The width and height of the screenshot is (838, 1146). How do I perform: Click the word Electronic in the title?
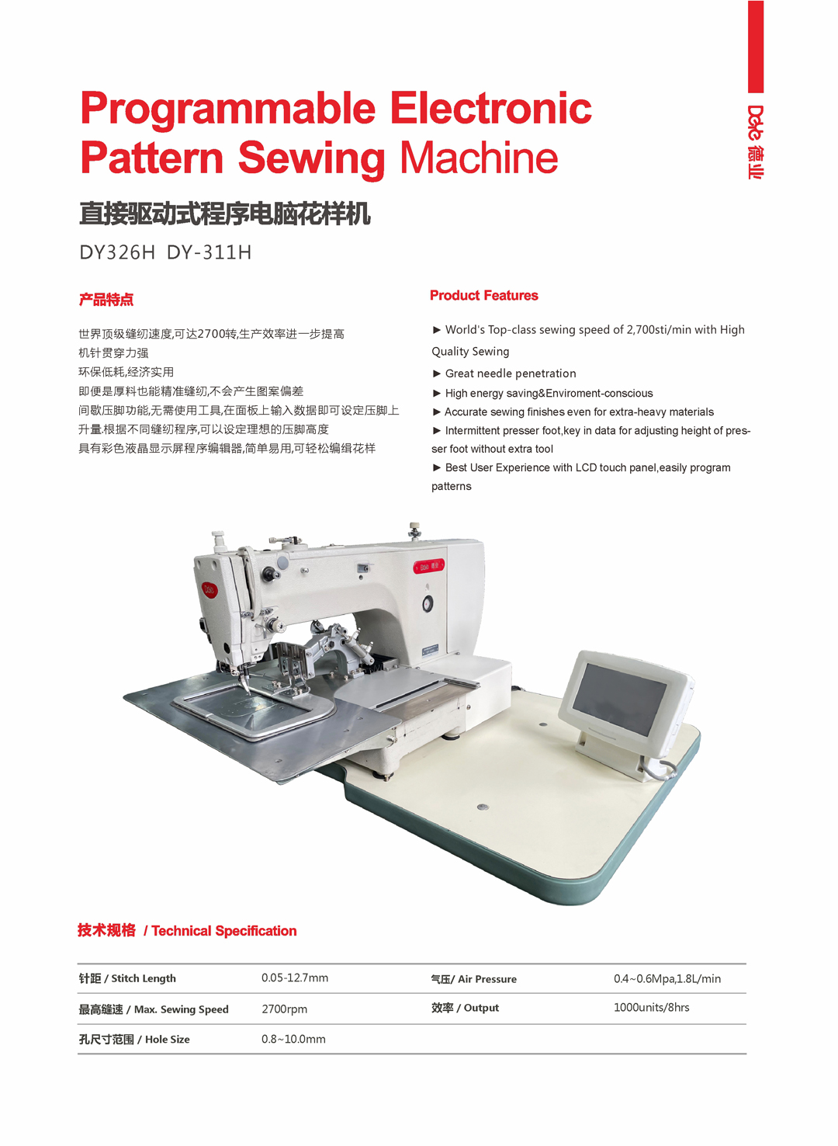click(x=490, y=108)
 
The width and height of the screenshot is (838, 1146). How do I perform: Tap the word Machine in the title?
click(x=479, y=158)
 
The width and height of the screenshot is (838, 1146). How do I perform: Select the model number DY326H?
click(x=117, y=252)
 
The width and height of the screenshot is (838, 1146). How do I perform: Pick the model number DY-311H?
click(x=209, y=252)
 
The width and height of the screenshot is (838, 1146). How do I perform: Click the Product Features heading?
click(x=483, y=296)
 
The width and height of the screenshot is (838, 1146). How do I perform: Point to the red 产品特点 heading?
click(x=106, y=300)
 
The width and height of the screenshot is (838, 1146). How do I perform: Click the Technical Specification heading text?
click(x=223, y=931)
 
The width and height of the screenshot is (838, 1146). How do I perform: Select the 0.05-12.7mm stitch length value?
click(x=294, y=978)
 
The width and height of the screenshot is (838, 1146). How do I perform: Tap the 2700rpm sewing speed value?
click(x=284, y=1009)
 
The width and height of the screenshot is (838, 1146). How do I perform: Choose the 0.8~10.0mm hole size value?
click(x=293, y=1040)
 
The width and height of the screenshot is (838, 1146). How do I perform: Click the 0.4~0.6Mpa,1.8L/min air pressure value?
click(x=667, y=979)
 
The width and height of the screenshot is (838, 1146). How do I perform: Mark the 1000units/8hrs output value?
click(x=651, y=1008)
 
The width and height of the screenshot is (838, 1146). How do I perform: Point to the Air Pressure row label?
click(x=473, y=979)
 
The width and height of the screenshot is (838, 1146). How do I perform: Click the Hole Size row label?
click(x=133, y=1040)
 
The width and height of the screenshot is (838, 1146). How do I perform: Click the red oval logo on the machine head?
click(x=209, y=590)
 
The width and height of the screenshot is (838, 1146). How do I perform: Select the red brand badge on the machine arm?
click(x=429, y=566)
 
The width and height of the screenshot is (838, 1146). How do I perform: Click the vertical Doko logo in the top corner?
click(x=756, y=141)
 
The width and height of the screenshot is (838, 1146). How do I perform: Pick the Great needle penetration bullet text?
click(x=510, y=373)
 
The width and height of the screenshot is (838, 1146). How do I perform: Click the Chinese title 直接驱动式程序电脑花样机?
click(x=225, y=214)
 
